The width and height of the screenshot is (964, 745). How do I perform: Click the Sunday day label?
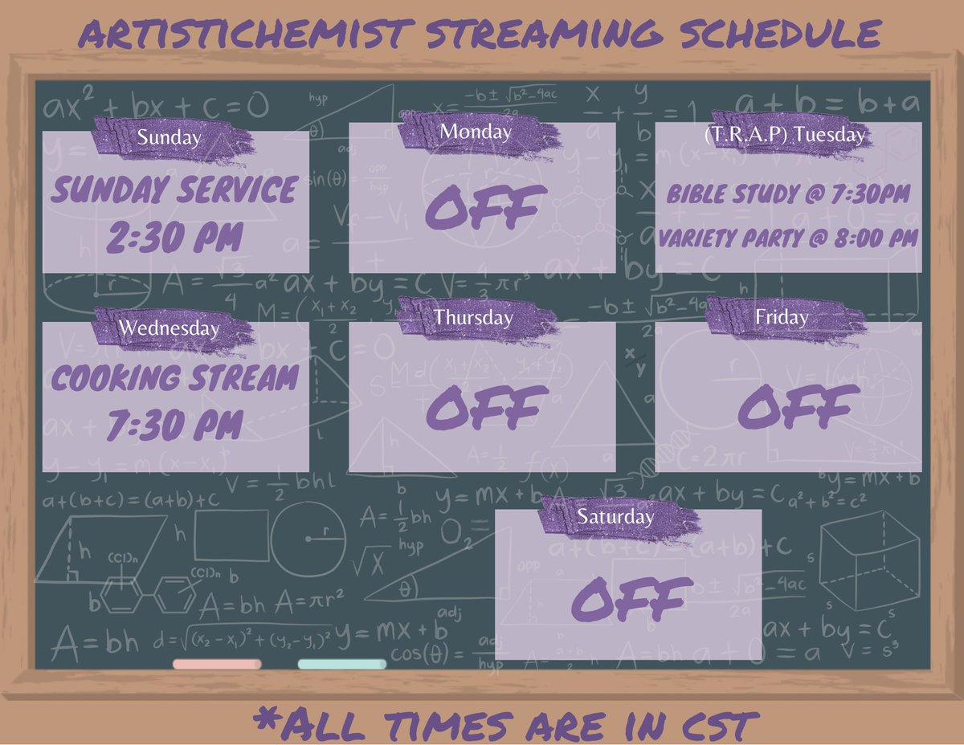pyautogui.click(x=169, y=137)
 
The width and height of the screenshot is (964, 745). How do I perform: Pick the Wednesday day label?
pyautogui.click(x=169, y=328)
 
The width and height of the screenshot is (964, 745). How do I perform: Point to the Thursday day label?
pyautogui.click(x=473, y=317)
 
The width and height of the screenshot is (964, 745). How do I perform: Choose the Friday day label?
pyautogui.click(x=782, y=317)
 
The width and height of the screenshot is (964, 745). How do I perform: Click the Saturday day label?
pyautogui.click(x=615, y=516)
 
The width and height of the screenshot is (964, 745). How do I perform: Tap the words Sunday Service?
pyautogui.click(x=174, y=191)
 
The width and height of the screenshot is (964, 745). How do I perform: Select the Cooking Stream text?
pyautogui.click(x=174, y=378)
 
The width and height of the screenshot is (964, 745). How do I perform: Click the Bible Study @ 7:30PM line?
pyautogui.click(x=788, y=193)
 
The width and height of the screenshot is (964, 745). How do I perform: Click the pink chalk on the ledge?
pyautogui.click(x=217, y=664)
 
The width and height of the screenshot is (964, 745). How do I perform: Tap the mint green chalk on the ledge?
pyautogui.click(x=341, y=664)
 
